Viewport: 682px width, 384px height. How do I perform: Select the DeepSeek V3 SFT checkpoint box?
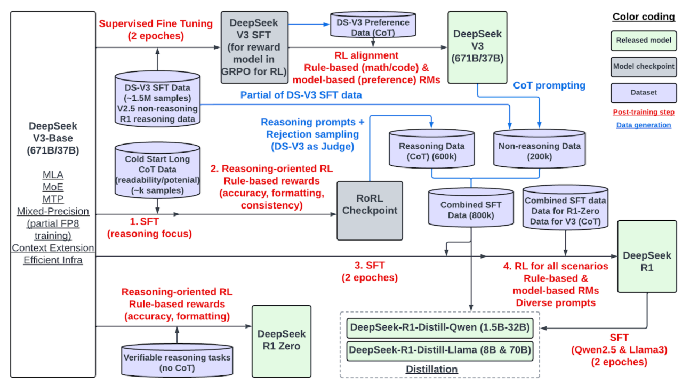[254, 47]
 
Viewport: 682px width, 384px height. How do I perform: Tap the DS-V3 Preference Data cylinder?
[372, 26]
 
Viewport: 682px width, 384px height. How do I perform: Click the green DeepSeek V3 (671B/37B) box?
[477, 47]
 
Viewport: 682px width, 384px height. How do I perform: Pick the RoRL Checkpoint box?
[370, 210]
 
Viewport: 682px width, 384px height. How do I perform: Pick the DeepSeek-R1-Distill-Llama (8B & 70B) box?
[440, 350]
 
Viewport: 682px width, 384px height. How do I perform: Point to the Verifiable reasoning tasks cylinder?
[177, 361]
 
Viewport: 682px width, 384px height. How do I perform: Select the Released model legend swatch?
[643, 40]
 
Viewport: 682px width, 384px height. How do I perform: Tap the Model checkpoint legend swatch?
[643, 66]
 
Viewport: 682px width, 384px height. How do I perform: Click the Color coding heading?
[643, 17]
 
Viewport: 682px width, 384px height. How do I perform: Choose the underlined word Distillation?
[432, 369]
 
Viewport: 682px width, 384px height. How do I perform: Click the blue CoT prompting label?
[549, 85]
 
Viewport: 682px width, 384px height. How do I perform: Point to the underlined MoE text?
[53, 187]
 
